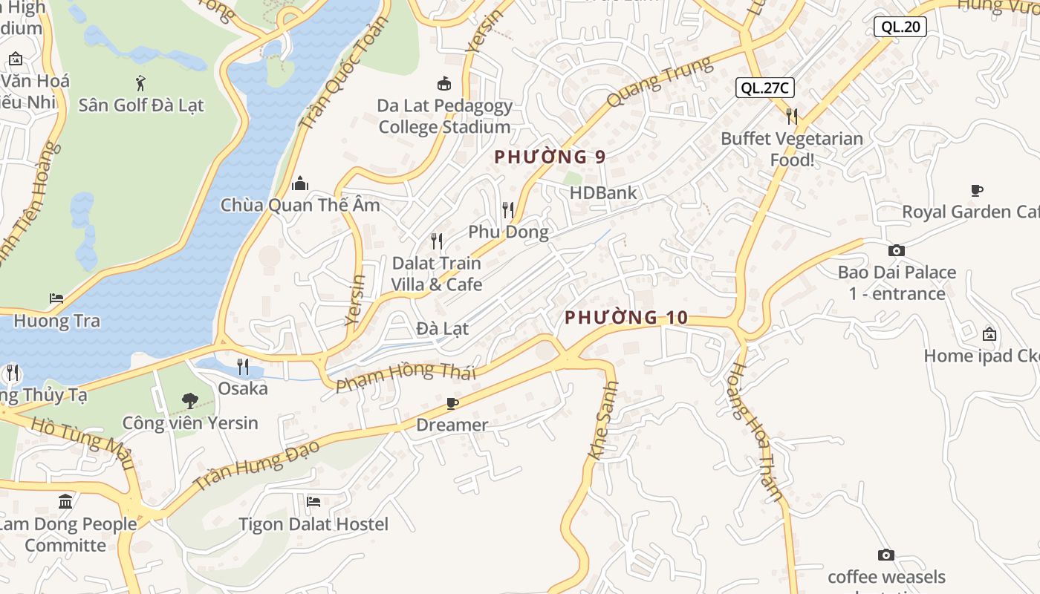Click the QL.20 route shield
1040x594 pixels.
point(900,27)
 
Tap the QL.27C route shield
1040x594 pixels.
point(765,88)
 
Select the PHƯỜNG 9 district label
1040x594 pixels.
point(550,157)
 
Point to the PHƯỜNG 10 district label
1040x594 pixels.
point(626,318)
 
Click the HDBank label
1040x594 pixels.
point(603,193)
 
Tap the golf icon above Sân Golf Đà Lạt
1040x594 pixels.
point(140,82)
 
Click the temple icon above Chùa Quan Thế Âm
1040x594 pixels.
point(300,183)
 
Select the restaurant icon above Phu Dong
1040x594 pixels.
point(508,210)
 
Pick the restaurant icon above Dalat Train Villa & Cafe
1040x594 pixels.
point(437,241)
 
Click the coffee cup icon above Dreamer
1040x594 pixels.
point(452,403)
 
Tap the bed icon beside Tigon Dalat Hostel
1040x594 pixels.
point(313,502)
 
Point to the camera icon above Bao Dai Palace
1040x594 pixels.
point(897,250)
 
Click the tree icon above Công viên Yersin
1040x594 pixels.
point(190,401)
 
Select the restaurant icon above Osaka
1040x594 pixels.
point(243,366)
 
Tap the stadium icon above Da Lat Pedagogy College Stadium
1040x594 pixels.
point(444,83)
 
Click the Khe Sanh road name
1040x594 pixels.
point(602,421)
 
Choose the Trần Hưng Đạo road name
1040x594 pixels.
point(256,465)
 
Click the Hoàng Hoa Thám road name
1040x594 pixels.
point(756,431)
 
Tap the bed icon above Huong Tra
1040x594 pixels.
point(56,298)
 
